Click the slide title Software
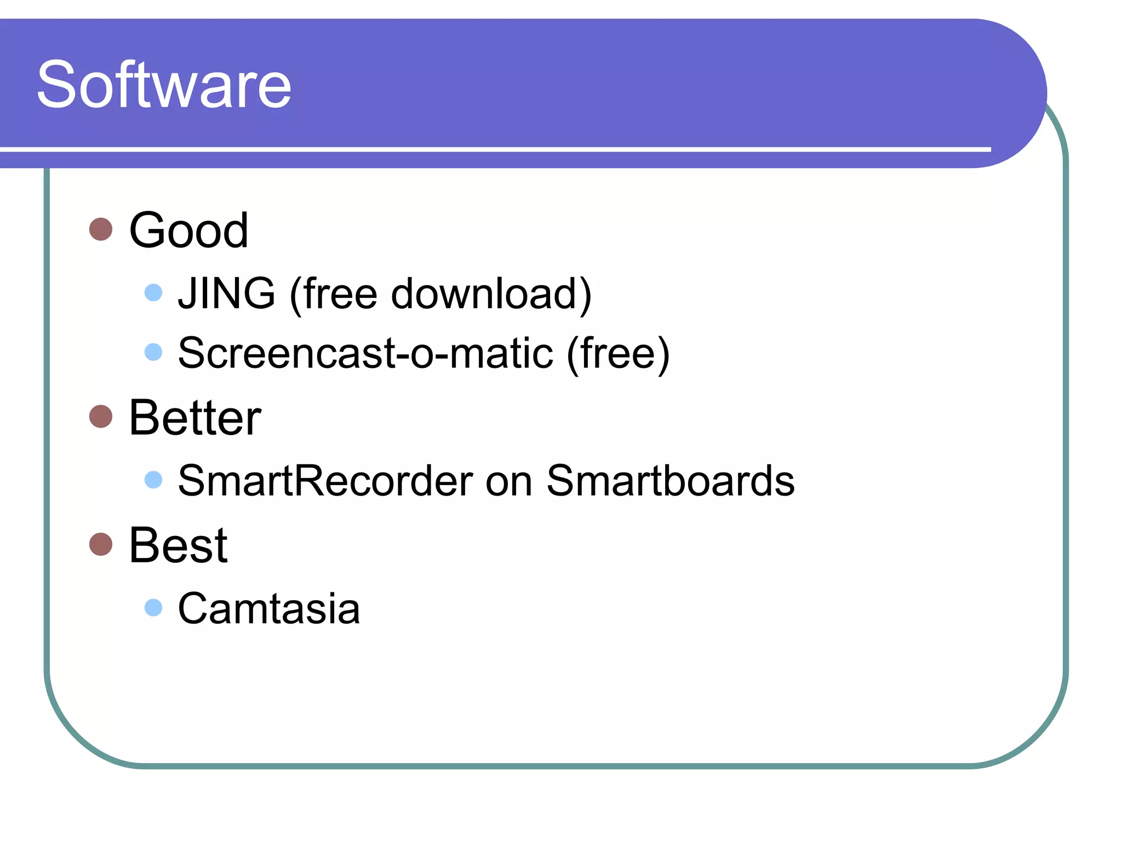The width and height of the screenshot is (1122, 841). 164,85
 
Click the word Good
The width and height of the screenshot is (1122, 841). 188,231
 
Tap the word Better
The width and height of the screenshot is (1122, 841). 194,418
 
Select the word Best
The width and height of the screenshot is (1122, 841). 178,545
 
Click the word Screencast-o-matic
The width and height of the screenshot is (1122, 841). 365,353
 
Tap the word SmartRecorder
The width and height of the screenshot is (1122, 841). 325,481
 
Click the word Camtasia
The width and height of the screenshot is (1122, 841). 269,608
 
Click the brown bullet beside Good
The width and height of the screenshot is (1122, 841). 101,229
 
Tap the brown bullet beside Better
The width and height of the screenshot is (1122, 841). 101,417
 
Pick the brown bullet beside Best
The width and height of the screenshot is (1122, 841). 101,544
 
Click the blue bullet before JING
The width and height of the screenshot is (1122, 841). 153,292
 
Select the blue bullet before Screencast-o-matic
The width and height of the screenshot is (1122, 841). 153,352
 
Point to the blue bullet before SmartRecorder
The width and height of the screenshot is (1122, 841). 153,480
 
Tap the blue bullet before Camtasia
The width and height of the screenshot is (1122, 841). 153,607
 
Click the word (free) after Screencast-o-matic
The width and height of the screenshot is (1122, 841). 618,353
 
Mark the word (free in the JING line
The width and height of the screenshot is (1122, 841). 334,294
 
